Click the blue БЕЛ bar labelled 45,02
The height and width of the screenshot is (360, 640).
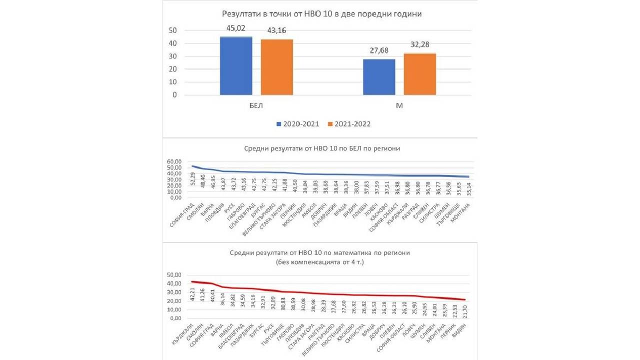click(236, 65)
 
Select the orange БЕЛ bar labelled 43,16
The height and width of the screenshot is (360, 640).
click(277, 67)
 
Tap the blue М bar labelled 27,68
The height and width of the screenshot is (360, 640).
click(379, 76)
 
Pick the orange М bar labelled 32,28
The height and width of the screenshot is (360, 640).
click(420, 74)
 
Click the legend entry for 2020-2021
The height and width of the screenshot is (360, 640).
click(298, 124)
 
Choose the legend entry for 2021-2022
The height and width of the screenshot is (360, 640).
click(348, 124)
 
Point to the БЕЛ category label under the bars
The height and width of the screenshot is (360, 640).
click(256, 106)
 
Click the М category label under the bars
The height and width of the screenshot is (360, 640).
click(399, 106)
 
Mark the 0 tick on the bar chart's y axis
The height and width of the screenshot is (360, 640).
click(174, 95)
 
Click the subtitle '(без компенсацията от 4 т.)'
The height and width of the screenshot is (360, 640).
click(319, 262)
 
